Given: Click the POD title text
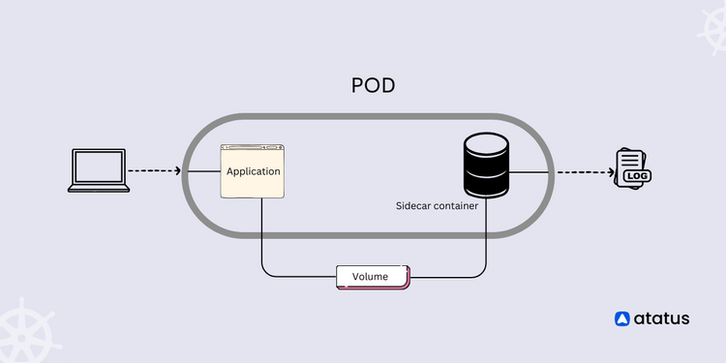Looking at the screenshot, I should click(x=373, y=86).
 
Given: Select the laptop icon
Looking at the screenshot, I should click(x=99, y=170).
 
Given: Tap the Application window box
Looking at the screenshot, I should click(x=254, y=171).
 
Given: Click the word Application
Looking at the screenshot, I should click(x=254, y=171).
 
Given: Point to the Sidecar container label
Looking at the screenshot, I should click(x=437, y=205).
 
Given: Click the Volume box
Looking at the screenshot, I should click(x=372, y=277).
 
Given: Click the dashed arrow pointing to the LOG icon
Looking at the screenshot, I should click(x=584, y=172).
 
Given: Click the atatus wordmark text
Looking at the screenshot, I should click(x=663, y=318).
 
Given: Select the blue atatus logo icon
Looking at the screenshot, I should click(x=623, y=318).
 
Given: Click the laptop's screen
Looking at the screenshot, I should click(x=99, y=166).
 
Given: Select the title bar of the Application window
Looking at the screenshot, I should click(x=254, y=148).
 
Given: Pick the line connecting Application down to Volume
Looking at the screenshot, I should click(x=262, y=242).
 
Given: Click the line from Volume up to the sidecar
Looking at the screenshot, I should click(x=485, y=242).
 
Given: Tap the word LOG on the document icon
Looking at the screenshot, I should click(x=635, y=176).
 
